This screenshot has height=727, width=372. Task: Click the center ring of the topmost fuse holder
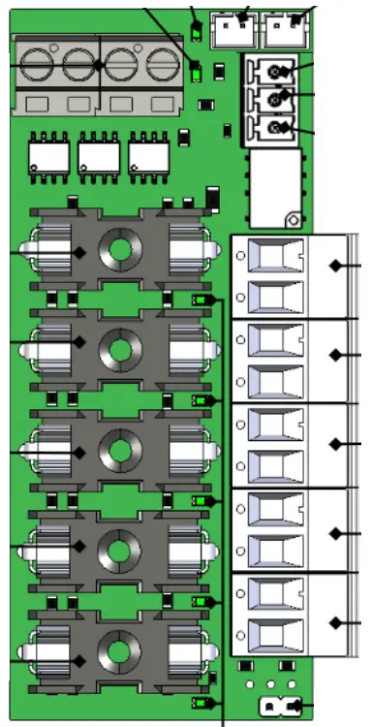point(120,249)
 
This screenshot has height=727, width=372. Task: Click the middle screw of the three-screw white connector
point(277,99)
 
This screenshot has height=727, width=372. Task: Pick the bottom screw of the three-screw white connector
point(277,127)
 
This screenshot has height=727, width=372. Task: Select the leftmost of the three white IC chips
point(46,154)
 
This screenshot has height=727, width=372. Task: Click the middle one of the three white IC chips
point(97,154)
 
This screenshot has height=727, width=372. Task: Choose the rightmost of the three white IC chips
point(147,154)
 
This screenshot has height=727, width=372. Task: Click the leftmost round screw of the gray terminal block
point(36,66)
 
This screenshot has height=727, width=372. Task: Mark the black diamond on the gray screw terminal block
point(100,65)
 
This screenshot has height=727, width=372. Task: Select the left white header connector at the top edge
point(230,29)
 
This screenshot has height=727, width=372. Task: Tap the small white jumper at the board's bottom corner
point(278,707)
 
